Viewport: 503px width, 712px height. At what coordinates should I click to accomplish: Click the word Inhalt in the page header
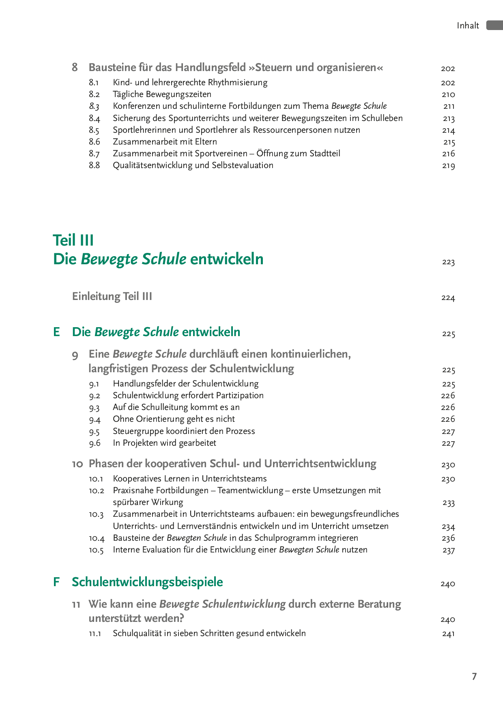tap(468, 26)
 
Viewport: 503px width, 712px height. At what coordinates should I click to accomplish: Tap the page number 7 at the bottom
tap(474, 676)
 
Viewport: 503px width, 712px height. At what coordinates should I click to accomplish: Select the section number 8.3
tap(94, 106)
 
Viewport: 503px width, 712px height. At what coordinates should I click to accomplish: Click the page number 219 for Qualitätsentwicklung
tap(448, 166)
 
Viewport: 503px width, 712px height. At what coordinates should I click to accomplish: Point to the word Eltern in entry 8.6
tap(206, 142)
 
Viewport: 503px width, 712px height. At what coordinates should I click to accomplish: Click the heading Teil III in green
tap(73, 240)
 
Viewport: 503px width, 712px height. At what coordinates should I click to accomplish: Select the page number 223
tap(448, 262)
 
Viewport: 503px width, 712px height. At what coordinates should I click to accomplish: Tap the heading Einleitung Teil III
tap(112, 296)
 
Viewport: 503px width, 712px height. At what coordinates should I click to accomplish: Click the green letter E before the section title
tap(57, 332)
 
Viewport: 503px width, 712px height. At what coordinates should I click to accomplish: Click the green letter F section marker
tap(57, 582)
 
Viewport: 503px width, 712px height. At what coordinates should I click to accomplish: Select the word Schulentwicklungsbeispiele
tap(147, 582)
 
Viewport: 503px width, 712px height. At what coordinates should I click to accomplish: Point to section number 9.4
tap(95, 419)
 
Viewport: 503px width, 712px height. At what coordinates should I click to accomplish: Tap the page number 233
tap(448, 503)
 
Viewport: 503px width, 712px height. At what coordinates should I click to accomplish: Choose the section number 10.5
tap(96, 550)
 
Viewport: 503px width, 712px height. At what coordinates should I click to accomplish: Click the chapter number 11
tap(76, 604)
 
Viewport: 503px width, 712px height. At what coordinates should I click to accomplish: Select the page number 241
tap(448, 634)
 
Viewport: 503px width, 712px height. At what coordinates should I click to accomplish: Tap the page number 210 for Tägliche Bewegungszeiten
tap(448, 95)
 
